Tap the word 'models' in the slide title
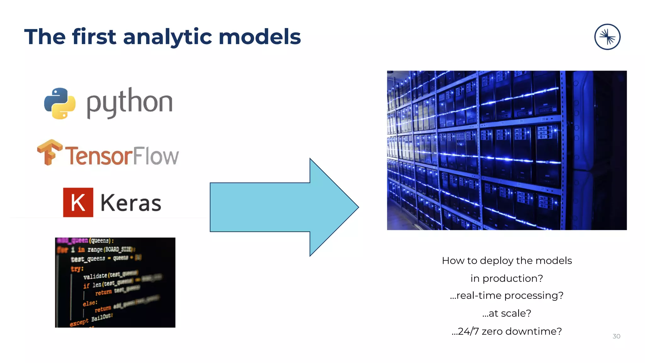260,37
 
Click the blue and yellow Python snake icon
60,103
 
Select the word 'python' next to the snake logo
129,102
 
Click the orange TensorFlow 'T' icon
49,152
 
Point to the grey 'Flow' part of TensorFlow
155,156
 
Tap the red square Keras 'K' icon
78,202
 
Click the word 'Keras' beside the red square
131,203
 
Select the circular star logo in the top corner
607,37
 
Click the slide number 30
616,336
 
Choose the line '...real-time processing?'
506,296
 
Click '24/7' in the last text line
468,331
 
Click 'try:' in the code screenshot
77,269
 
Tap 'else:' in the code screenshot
90,303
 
